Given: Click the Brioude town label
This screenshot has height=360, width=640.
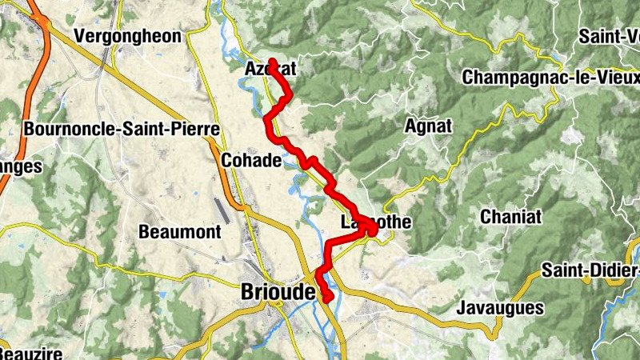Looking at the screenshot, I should coord(277,293).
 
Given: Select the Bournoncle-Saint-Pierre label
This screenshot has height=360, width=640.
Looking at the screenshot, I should coord(122,130).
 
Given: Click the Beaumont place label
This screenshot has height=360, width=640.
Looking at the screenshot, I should coord(179,233).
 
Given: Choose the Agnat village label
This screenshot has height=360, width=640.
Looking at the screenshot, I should coord(429,126).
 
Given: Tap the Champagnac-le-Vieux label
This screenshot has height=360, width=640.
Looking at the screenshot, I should coord(550,78).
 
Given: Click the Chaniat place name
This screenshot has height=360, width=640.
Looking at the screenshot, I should coord(511,217).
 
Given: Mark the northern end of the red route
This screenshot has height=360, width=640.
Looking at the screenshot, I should coord(272,61).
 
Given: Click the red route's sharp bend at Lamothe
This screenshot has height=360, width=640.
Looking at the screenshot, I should coord(373,230).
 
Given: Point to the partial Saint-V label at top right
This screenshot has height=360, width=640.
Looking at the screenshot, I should coord(609,36).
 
